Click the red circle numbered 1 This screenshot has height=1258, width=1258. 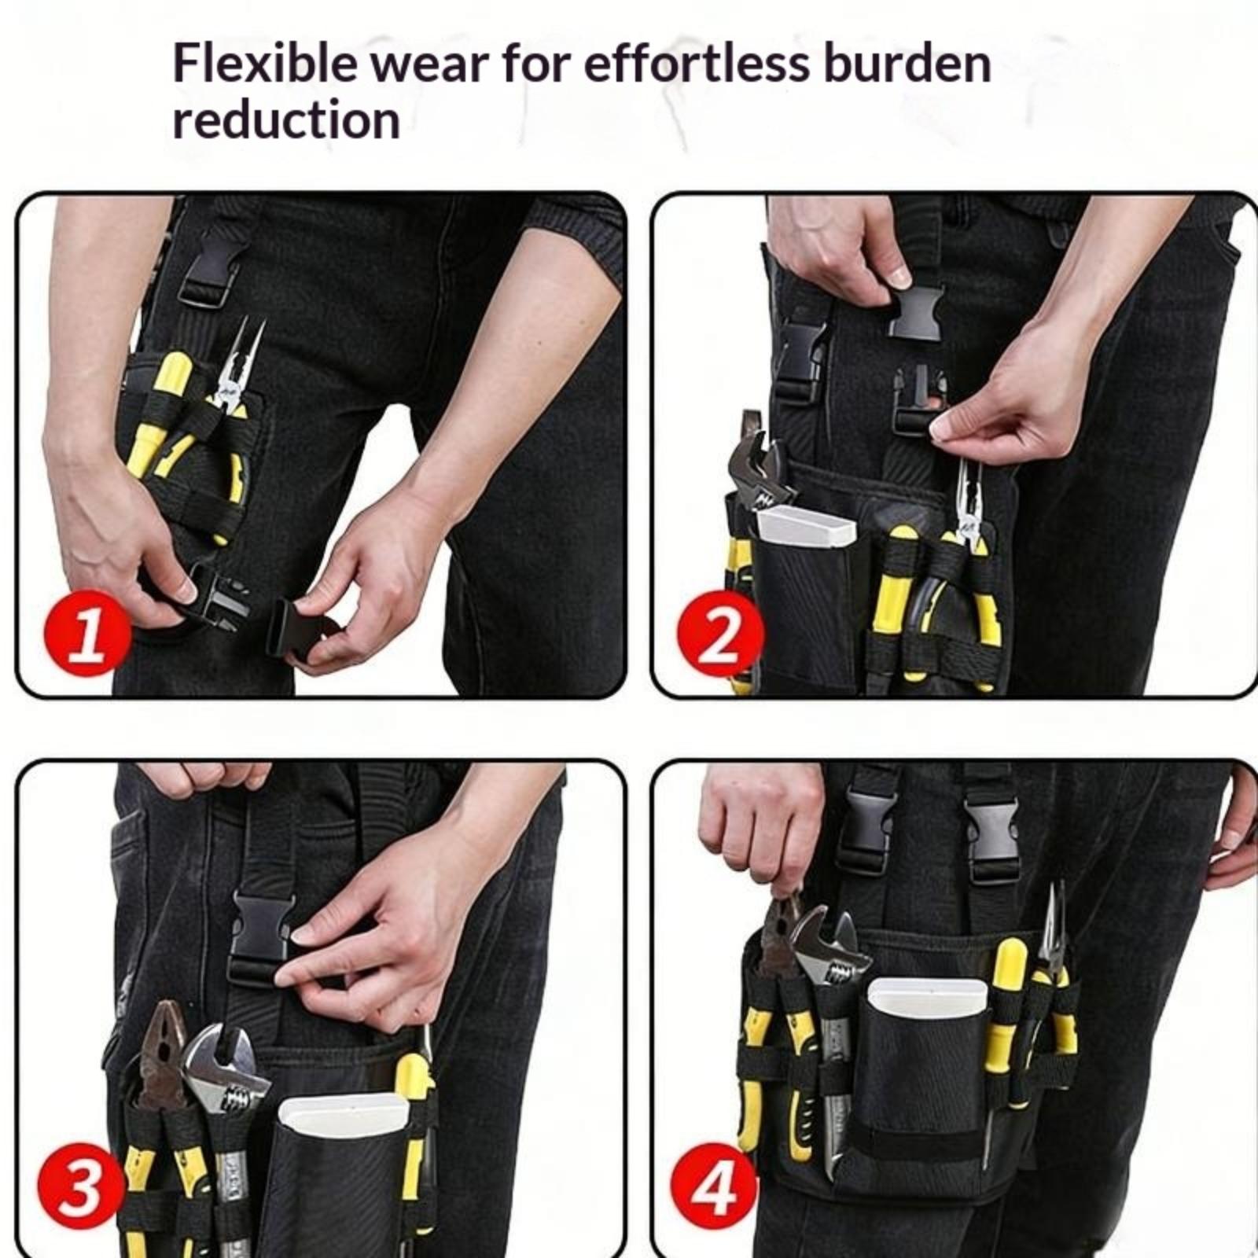coord(87,632)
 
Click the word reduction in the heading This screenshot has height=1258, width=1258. coord(286,120)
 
